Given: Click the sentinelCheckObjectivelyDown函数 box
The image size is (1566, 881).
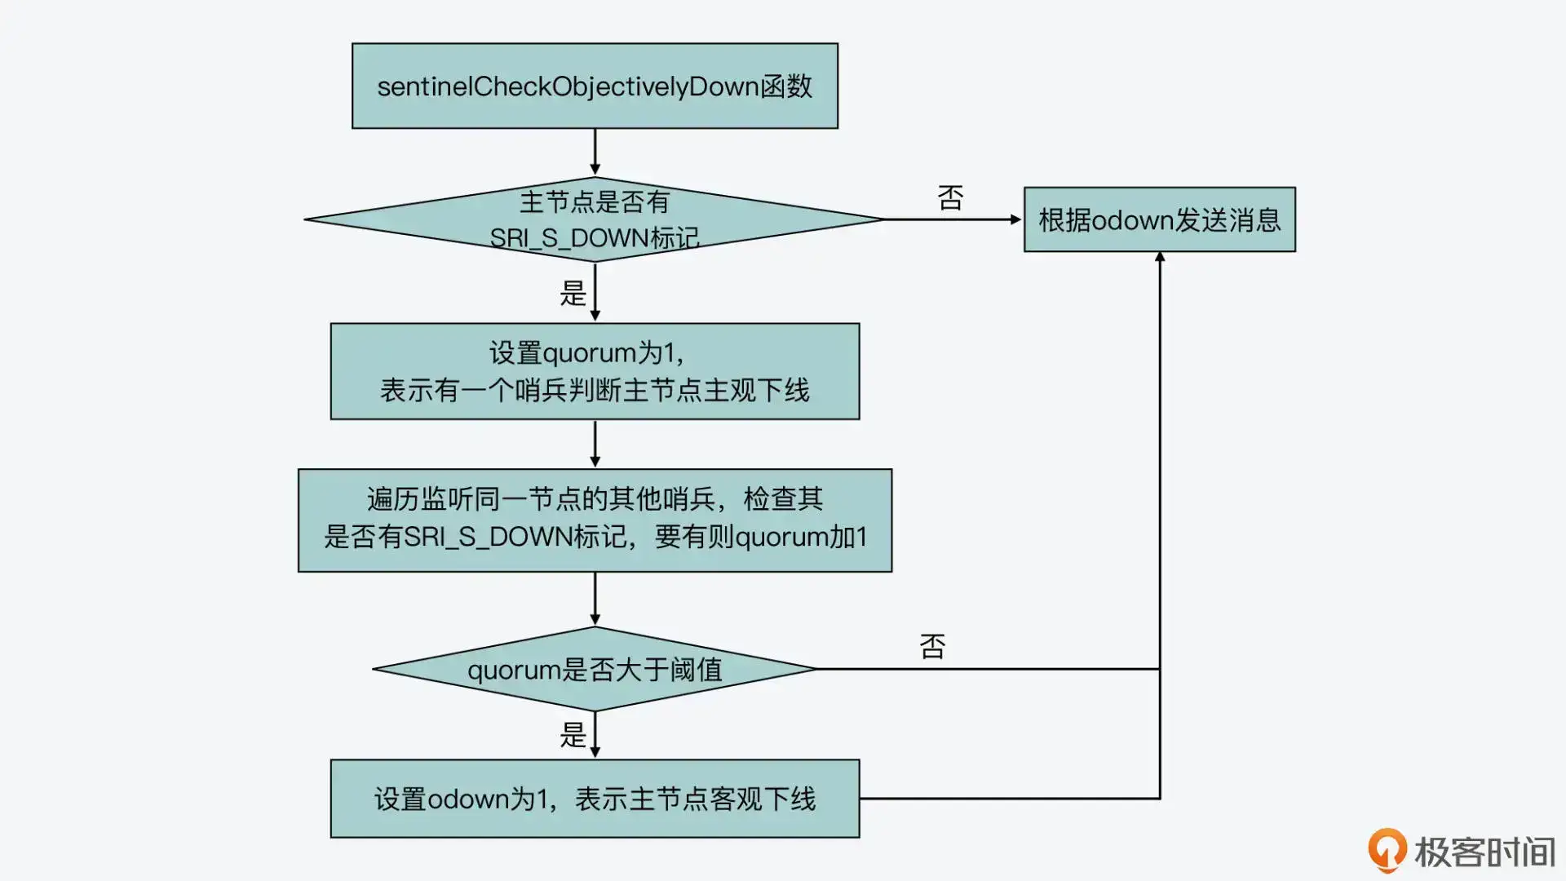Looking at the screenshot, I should (x=595, y=86).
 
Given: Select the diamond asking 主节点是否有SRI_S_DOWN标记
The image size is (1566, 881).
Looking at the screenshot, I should (x=595, y=219).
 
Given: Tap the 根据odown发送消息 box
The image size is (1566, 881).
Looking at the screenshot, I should (x=1159, y=219).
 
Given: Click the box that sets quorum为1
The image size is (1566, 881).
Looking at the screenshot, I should (x=595, y=371).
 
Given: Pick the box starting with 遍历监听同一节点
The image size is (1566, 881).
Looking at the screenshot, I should (x=595, y=520).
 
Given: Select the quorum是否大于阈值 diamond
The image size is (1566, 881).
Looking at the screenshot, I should (x=595, y=669).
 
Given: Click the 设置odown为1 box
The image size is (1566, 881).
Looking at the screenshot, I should (x=595, y=798).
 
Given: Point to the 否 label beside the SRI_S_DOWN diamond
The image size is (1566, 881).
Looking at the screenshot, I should (x=950, y=198).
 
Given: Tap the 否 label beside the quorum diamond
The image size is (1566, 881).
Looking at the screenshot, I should (x=932, y=646).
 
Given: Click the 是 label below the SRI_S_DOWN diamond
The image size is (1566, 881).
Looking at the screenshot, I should (x=573, y=293).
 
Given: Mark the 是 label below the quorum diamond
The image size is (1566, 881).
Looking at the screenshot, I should (x=573, y=735).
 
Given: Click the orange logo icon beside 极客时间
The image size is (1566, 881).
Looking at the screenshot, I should (x=1387, y=850).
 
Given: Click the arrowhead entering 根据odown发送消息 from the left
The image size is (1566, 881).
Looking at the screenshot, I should (x=1016, y=219).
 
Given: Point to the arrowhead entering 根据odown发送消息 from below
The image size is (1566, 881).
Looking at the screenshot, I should (x=1160, y=258).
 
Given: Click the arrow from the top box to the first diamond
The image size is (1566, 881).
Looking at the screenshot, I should (x=595, y=152).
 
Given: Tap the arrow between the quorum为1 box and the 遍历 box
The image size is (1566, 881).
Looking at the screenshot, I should (x=595, y=444).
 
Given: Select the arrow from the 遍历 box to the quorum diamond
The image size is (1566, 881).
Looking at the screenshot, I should (x=595, y=599).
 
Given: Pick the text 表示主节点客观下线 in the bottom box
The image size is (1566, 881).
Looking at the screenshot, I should (x=695, y=799).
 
